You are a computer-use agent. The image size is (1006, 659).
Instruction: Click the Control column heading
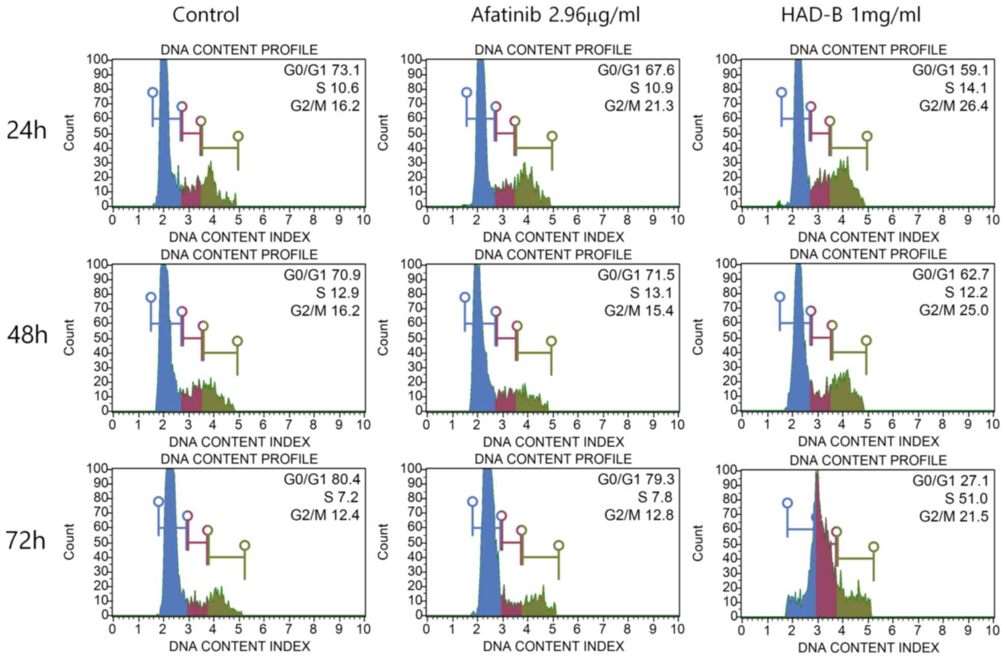click(x=206, y=15)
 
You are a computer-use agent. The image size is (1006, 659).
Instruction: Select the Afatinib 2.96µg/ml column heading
click(x=555, y=15)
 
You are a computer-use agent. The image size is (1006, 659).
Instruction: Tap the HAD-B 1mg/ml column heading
click(x=851, y=15)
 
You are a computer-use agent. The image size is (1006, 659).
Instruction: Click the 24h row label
click(x=26, y=131)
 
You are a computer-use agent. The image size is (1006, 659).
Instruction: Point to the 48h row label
click(x=27, y=336)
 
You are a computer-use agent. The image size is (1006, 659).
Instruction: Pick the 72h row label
click(x=26, y=540)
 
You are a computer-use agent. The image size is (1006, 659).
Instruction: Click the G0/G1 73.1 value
click(x=322, y=70)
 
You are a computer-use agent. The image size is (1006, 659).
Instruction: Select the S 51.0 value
click(x=966, y=499)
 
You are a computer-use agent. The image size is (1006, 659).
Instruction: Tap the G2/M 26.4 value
click(x=954, y=106)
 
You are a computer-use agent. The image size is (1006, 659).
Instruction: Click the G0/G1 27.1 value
click(x=951, y=481)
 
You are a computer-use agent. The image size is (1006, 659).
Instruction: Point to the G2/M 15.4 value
click(x=639, y=311)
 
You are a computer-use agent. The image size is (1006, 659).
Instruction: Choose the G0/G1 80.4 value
click(x=322, y=479)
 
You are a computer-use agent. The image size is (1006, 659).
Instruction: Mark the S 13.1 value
click(x=651, y=293)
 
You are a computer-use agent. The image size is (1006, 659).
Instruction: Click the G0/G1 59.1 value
click(x=951, y=70)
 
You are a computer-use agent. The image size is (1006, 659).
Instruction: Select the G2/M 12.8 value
click(x=639, y=515)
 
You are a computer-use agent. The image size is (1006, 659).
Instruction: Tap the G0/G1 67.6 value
click(x=636, y=70)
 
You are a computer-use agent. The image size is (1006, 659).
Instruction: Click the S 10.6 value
click(x=338, y=88)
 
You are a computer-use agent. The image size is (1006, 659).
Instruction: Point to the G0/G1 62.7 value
click(x=951, y=274)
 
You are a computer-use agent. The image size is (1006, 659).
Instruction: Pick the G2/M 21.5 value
click(x=954, y=516)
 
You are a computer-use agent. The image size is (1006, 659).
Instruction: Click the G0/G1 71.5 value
click(x=636, y=275)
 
